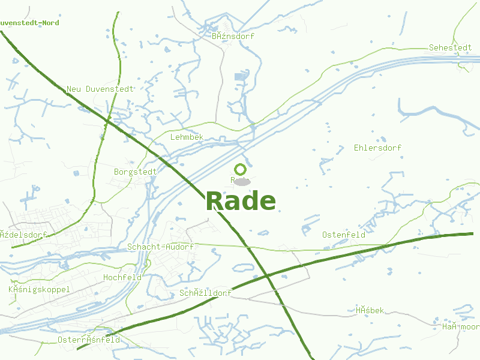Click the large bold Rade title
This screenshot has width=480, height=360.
point(241,201)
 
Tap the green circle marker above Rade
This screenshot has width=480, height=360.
point(241,170)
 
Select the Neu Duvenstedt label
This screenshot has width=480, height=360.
point(100,89)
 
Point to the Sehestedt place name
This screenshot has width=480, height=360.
point(450,47)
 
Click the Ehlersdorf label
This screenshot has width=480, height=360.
point(378,148)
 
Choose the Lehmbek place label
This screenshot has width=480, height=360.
point(187,137)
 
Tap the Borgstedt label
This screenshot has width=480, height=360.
point(135,172)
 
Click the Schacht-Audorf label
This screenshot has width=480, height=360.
point(160,247)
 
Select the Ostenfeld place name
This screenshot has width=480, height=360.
point(344,235)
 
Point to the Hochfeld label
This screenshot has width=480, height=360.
point(122,277)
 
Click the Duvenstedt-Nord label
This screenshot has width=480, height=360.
point(29,23)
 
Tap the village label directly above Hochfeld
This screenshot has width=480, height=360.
point(160,247)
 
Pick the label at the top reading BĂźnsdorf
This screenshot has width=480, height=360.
point(233,36)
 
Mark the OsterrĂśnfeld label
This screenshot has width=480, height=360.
point(89,340)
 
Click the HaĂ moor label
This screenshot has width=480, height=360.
point(461,326)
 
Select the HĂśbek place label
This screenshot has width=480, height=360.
point(370,310)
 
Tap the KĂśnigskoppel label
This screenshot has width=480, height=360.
point(39,289)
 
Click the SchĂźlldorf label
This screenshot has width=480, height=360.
point(206,293)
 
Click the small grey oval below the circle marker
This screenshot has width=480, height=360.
point(241,181)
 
